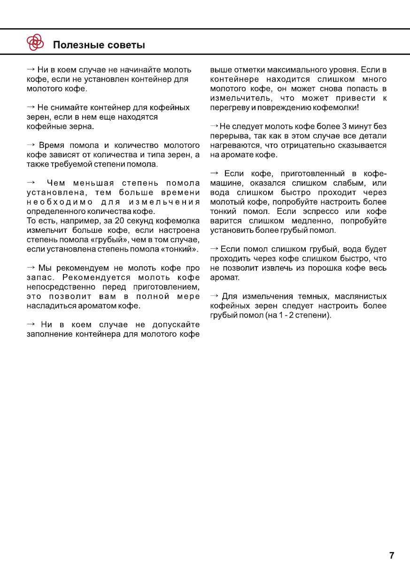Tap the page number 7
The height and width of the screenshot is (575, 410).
[x=392, y=556]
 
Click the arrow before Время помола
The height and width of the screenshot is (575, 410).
[x=31, y=145]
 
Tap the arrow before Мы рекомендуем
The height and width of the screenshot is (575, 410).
[x=31, y=268]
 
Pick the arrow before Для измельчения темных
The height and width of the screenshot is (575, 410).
[x=214, y=296]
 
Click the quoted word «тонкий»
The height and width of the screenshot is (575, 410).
[x=180, y=249]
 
